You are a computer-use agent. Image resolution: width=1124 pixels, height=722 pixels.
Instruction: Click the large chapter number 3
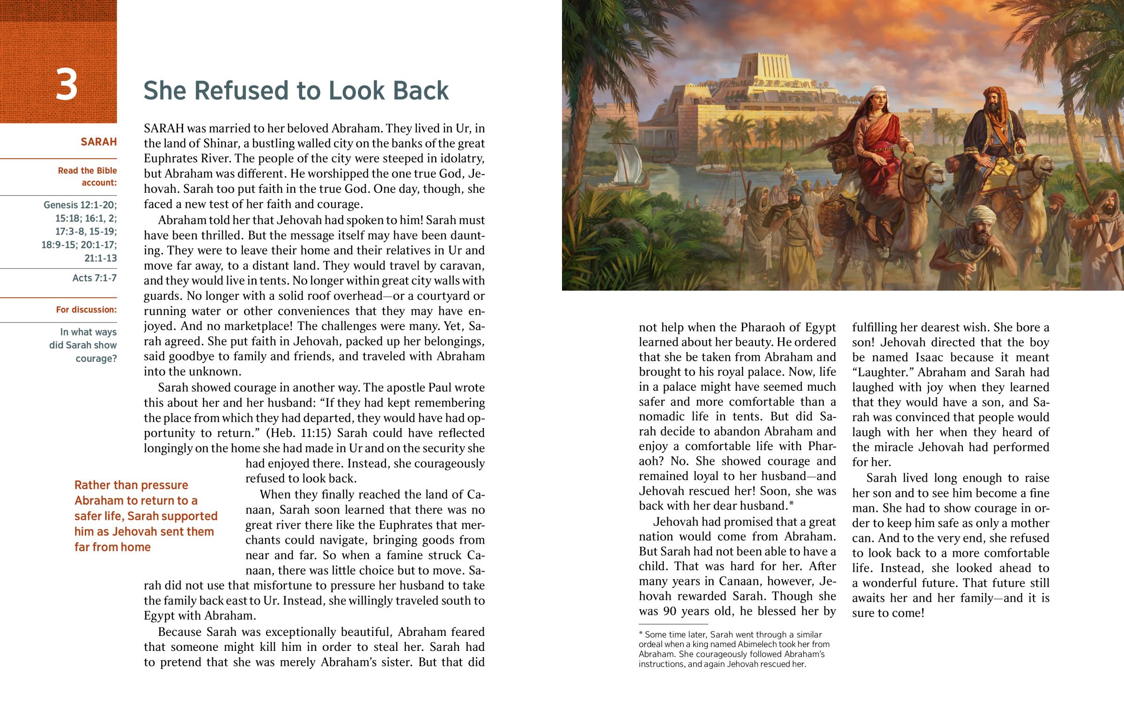pyautogui.click(x=66, y=85)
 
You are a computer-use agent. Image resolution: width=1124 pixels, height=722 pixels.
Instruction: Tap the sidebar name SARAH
pyautogui.click(x=98, y=142)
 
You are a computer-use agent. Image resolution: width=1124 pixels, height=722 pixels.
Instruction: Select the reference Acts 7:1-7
pyautogui.click(x=94, y=278)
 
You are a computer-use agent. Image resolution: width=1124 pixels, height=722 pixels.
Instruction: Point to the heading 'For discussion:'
pyautogui.click(x=86, y=309)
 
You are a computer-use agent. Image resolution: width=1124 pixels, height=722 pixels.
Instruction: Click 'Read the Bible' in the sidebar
pyautogui.click(x=87, y=171)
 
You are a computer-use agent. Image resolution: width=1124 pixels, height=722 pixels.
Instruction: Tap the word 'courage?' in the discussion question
pyautogui.click(x=96, y=358)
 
